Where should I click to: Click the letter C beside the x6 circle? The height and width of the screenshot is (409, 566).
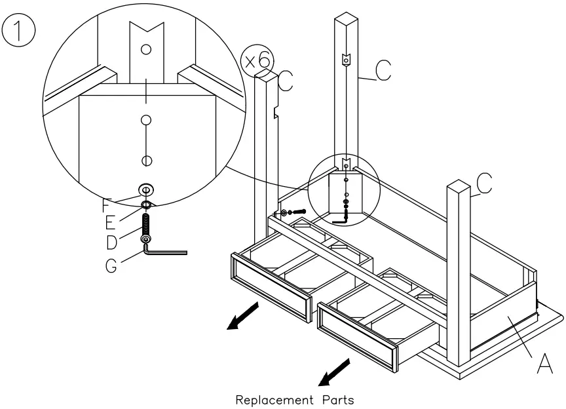(286, 81)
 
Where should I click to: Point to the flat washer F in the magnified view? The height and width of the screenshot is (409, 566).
(146, 191)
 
